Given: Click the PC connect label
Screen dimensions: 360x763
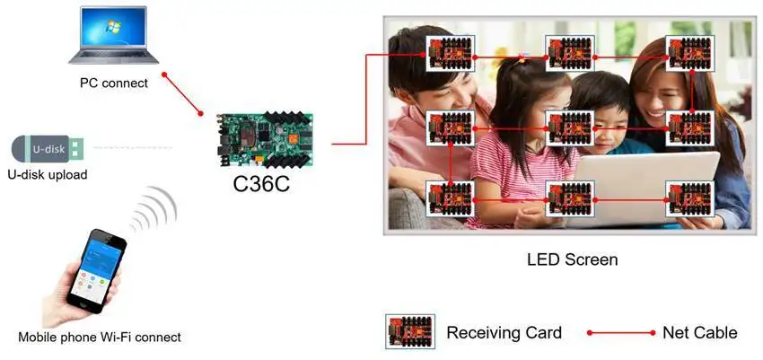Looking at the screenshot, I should (x=114, y=83).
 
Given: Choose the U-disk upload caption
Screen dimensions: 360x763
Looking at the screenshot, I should (x=47, y=175).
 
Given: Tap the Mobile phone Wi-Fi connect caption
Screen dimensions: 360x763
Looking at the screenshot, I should (x=100, y=338).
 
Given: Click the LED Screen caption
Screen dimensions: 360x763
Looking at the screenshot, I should (x=572, y=260).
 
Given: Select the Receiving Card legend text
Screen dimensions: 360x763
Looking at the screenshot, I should (x=504, y=333).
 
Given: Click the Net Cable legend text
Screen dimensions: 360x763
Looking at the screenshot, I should (x=699, y=333).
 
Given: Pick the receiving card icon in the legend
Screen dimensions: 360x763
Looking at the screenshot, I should (x=410, y=333).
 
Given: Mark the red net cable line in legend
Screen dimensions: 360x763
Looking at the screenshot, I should (x=621, y=333).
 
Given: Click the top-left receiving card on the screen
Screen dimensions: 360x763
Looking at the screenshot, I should (x=449, y=54).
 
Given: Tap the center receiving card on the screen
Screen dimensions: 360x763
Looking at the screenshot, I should (x=570, y=128).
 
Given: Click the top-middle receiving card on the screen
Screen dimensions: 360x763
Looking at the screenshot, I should (x=570, y=54).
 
